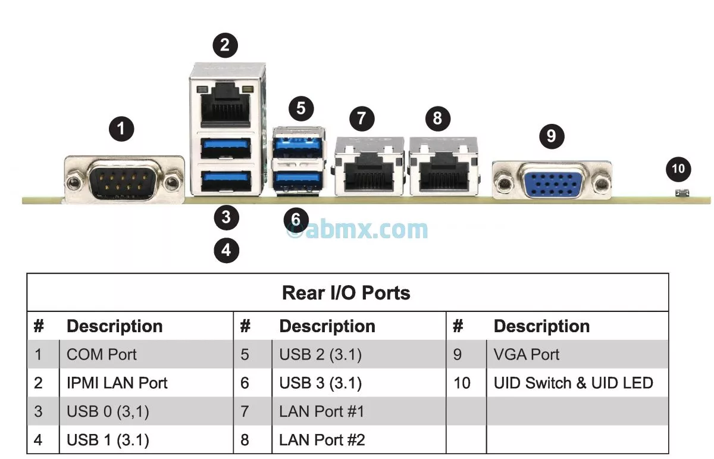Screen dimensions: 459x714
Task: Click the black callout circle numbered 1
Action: pos(121,129)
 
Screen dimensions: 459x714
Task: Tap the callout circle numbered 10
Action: pos(678,169)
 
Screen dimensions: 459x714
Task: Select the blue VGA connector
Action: pos(552,180)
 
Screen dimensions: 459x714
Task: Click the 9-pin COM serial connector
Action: pos(124,179)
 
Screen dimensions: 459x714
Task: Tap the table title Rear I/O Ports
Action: pos(346,293)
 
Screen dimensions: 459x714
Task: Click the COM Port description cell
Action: pos(102,355)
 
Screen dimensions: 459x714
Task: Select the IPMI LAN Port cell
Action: pos(117,383)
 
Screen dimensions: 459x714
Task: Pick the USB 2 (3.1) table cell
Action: pos(321,355)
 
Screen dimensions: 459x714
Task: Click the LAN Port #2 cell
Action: pos(322,441)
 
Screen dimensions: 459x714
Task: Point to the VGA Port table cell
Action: pos(527,355)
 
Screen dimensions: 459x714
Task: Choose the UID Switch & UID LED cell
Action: pos(574,383)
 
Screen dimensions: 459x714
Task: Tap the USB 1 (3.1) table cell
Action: pos(108,441)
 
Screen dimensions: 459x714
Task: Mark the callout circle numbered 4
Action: pos(226,250)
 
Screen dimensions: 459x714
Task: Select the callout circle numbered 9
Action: pos(552,136)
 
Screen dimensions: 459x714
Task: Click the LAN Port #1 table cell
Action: pos(322,412)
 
